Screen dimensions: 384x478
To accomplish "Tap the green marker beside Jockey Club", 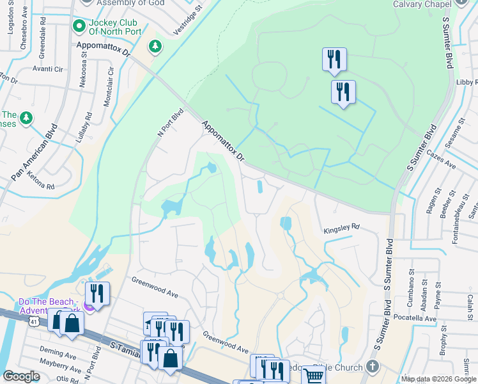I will [79, 26].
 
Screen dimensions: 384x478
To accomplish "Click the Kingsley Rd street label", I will [342, 227].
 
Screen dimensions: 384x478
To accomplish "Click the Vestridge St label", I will [188, 20].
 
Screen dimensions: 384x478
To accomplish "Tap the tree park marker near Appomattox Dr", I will [155, 45].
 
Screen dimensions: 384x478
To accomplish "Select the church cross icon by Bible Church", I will [374, 367].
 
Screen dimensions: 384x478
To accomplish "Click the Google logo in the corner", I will [21, 376].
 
